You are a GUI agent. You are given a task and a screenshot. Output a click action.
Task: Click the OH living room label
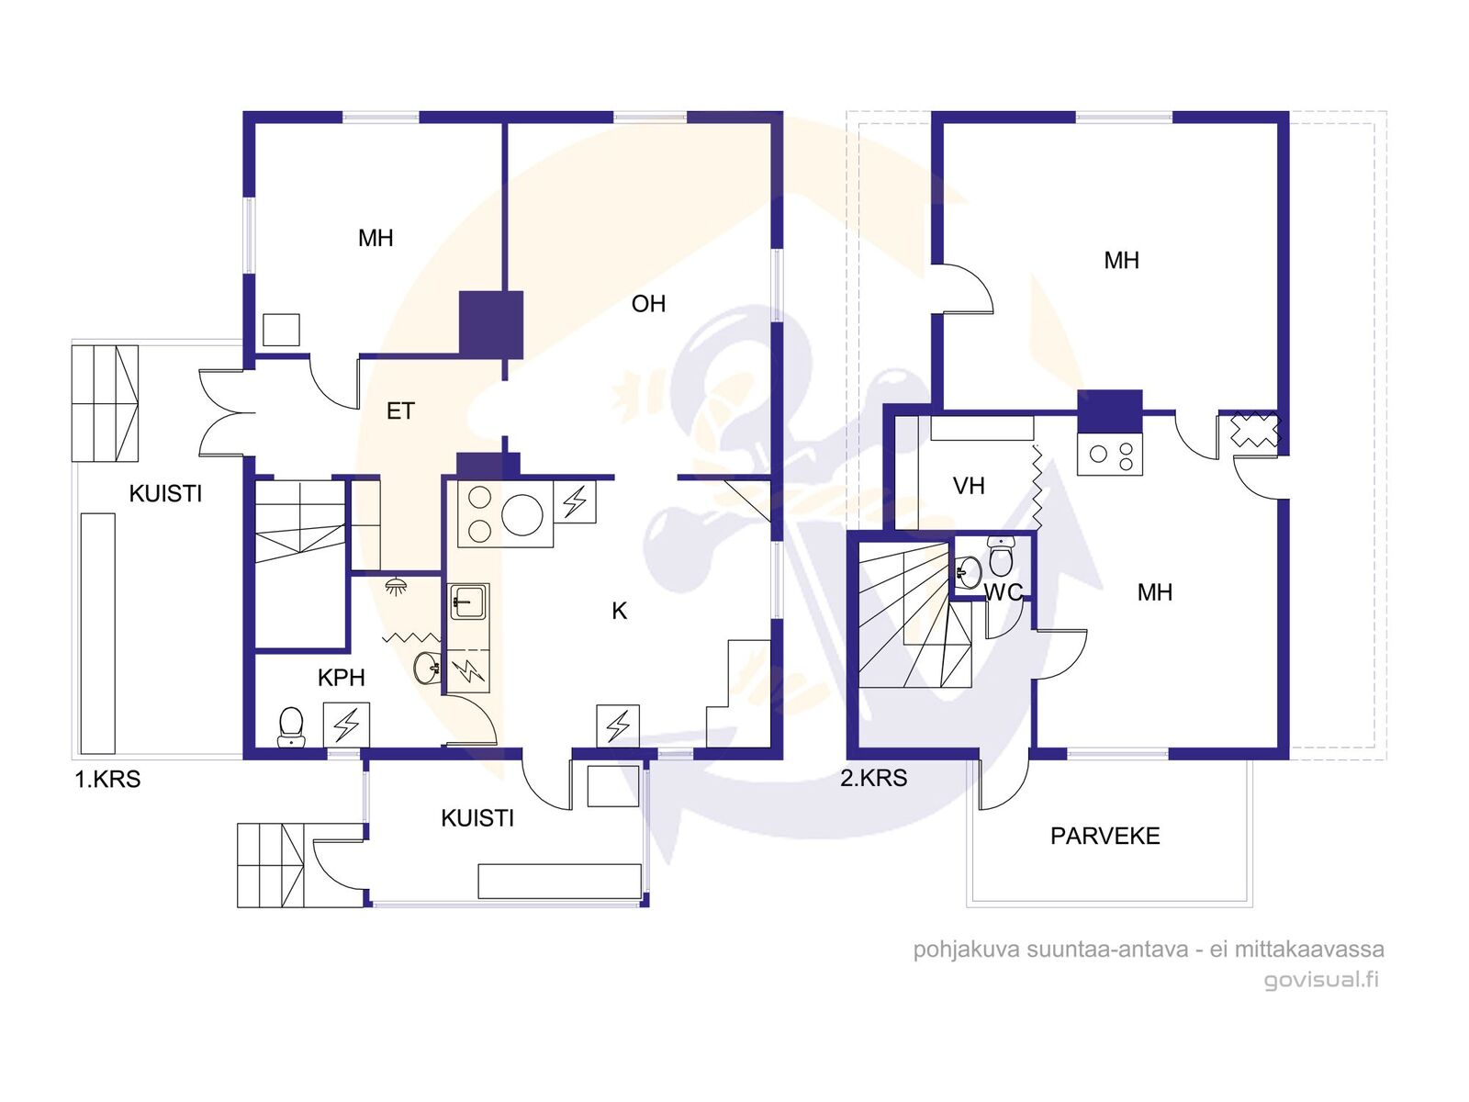648,305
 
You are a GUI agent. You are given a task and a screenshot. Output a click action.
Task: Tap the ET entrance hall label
400,410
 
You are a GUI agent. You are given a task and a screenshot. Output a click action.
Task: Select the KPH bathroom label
341,678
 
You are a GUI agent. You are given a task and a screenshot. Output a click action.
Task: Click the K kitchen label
619,611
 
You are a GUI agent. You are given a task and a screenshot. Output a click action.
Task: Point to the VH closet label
969,486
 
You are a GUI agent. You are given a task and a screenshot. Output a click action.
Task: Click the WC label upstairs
1004,592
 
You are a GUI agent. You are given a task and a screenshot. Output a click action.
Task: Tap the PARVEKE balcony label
1105,836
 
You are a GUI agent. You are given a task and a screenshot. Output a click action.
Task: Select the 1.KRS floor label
107,780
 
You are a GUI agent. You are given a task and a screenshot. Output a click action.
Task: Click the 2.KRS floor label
873,778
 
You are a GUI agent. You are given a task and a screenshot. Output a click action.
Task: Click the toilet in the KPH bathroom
290,727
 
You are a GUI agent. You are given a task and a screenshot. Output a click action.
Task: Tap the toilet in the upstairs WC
1001,557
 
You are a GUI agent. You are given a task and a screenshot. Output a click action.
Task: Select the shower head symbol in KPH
397,587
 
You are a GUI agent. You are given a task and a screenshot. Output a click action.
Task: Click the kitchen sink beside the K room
469,601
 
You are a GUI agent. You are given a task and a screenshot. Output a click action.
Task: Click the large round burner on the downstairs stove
522,514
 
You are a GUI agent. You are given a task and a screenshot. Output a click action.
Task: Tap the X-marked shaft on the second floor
1255,430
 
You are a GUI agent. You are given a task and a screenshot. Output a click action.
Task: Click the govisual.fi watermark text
1321,980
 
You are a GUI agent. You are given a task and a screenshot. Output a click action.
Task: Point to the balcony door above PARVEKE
1004,783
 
